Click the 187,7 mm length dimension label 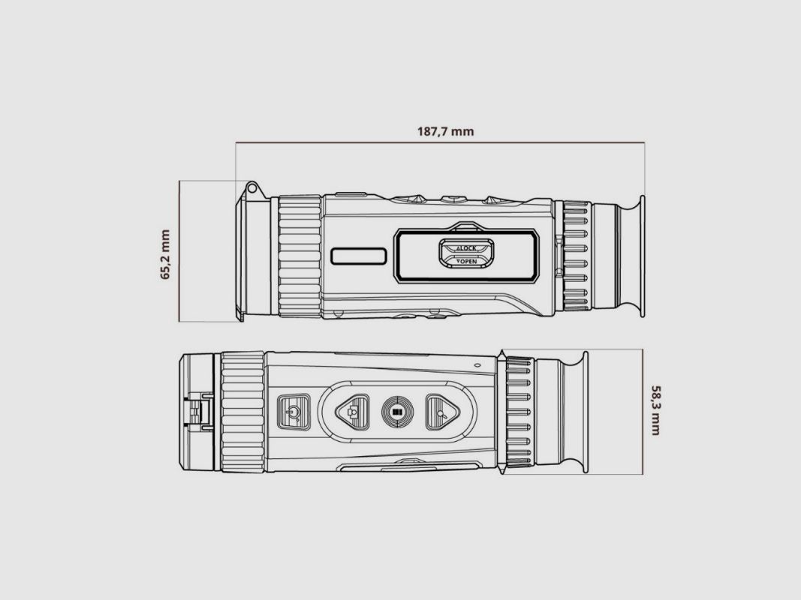tap(445, 132)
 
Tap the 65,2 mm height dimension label tap(165, 254)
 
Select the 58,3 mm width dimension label tap(655, 410)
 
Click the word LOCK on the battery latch tap(467, 248)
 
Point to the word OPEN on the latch tap(467, 261)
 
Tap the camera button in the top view tap(353, 411)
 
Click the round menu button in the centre tap(397, 411)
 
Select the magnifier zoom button tap(442, 411)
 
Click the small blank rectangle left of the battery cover tap(359, 256)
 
